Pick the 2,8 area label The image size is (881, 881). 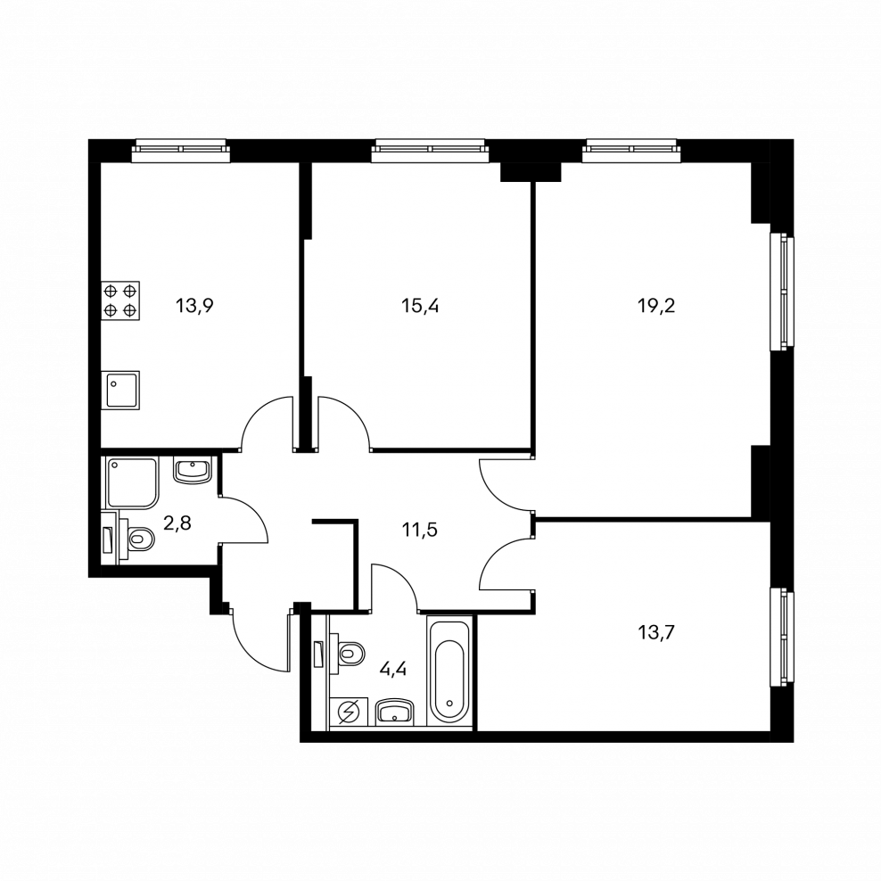point(179,523)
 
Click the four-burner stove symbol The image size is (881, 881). point(120,301)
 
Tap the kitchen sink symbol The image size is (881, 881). point(120,390)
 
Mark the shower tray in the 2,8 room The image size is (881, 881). point(131,483)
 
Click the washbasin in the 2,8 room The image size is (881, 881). point(191,469)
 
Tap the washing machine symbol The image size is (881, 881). point(347,712)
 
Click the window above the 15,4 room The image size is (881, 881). point(431,152)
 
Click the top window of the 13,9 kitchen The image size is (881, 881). point(181,152)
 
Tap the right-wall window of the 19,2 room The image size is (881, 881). point(782,292)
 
